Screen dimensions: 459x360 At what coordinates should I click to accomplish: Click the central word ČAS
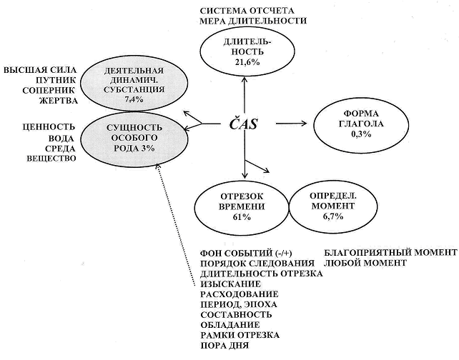(243, 124)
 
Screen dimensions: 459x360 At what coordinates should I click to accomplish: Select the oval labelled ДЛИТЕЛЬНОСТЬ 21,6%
(247, 51)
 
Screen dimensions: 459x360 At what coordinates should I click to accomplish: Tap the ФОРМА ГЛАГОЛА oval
(361, 124)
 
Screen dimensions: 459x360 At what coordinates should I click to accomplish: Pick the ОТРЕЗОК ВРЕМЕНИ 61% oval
(242, 206)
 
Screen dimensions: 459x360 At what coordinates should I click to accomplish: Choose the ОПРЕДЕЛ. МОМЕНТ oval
(333, 206)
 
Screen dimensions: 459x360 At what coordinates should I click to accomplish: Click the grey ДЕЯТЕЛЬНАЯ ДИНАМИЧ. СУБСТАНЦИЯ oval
(134, 85)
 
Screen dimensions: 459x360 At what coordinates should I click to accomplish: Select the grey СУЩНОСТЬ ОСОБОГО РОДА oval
(134, 138)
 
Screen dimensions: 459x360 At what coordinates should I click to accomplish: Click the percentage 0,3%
(361, 134)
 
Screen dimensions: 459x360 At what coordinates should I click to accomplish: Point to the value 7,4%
(134, 100)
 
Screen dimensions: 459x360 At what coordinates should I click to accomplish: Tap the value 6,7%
(333, 216)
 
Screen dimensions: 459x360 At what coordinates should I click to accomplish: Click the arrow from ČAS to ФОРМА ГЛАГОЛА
(292, 124)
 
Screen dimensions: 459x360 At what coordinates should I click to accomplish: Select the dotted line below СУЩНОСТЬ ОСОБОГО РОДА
(176, 225)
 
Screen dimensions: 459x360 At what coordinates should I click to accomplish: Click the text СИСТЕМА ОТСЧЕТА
(247, 11)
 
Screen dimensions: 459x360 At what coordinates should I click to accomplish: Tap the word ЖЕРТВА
(59, 101)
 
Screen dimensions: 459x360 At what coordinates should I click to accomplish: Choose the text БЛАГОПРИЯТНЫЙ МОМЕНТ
(390, 252)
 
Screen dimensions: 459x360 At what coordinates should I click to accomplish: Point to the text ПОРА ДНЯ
(224, 346)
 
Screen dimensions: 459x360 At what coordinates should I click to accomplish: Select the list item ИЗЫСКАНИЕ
(231, 284)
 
